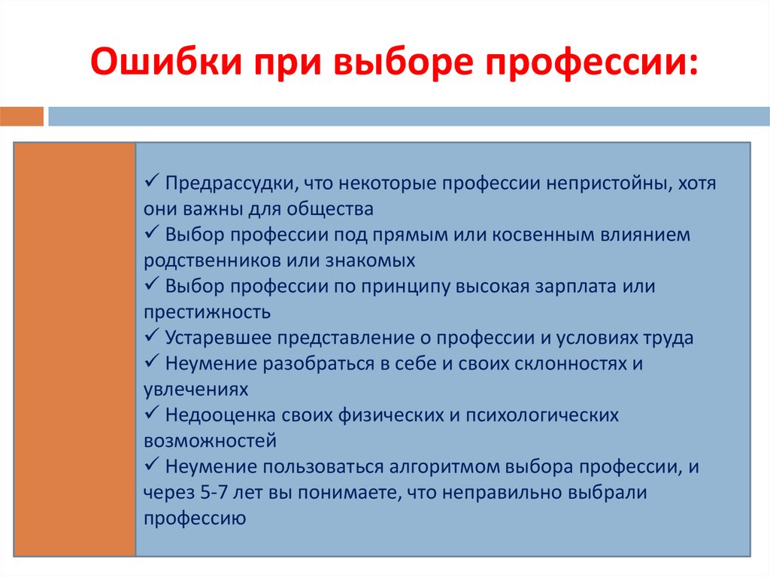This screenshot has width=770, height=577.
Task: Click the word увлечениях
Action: point(195,390)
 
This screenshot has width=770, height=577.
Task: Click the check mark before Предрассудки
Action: point(150,183)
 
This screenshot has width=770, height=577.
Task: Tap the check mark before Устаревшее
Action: point(150,337)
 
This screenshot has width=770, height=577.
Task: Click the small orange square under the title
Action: point(22,117)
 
